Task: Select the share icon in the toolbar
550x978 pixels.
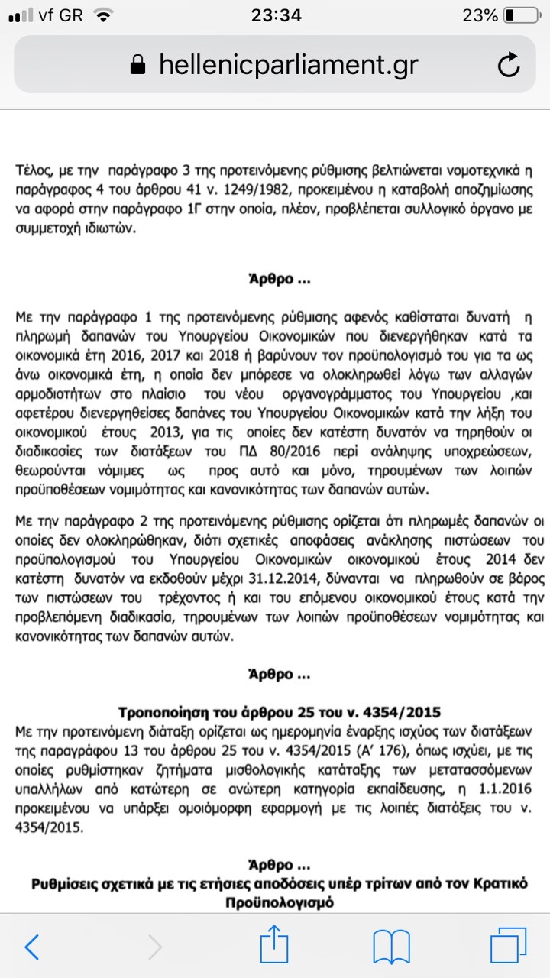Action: pos(274,946)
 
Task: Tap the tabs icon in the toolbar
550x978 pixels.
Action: pos(508,947)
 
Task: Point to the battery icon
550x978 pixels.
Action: pos(521,15)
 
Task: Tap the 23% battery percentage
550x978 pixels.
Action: pos(480,15)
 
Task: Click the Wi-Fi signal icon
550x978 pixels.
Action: pos(104,15)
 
